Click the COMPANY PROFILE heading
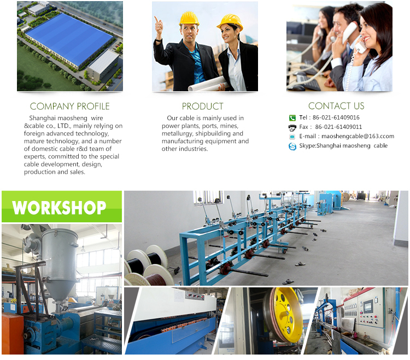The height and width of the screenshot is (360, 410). [69, 107]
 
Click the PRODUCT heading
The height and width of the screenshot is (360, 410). [203, 107]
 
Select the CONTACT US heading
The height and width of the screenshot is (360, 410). [336, 106]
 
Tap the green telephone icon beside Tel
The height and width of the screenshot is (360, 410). [292, 118]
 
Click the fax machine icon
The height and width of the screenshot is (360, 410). [292, 127]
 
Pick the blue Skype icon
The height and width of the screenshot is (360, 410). [292, 146]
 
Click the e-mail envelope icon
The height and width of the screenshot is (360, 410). [292, 137]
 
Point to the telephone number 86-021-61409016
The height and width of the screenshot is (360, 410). [336, 117]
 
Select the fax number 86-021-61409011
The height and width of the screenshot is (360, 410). [338, 127]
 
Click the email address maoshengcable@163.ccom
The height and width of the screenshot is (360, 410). [358, 137]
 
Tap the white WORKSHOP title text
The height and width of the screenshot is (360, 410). [59, 208]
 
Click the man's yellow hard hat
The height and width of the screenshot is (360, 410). [189, 19]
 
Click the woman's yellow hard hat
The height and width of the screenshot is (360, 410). [230, 22]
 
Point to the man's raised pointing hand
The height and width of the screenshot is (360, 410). [159, 27]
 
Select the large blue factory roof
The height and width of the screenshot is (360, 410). [69, 39]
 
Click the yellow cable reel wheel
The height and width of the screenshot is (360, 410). [286, 314]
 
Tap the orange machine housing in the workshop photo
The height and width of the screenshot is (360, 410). [13, 334]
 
